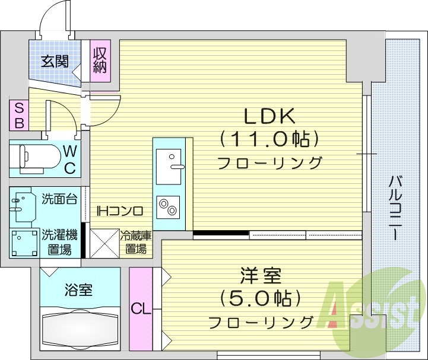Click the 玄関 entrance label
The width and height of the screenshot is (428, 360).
[x=54, y=61]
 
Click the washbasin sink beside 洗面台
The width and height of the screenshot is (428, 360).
[x=20, y=205]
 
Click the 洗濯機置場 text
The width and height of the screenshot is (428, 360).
[x=60, y=241]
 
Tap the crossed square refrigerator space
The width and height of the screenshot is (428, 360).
[x=104, y=243]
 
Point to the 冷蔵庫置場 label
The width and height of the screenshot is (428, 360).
[x=136, y=242]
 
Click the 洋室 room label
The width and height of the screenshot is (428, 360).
[x=261, y=276]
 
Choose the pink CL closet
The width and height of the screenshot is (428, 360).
[x=140, y=309]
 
